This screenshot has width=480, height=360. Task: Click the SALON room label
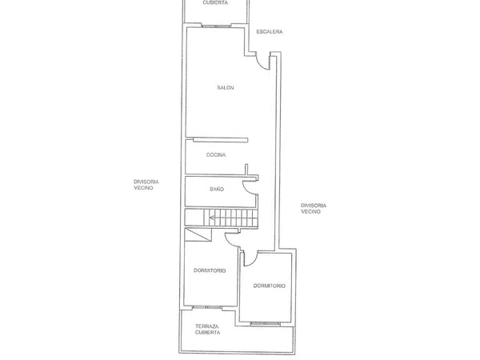tap(226, 88)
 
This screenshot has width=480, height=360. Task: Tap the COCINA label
tap(216, 155)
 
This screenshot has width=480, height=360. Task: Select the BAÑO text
tap(217, 189)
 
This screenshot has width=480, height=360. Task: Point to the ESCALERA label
tap(270, 31)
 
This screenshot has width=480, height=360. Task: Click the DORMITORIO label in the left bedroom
tap(210, 270)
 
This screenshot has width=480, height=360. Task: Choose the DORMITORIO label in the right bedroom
tap(270, 286)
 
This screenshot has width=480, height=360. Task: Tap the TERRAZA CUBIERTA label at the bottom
tap(207, 330)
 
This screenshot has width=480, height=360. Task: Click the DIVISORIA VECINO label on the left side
tap(146, 185)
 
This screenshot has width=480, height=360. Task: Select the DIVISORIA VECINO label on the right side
tap(314, 209)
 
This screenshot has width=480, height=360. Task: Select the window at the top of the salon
tap(216, 26)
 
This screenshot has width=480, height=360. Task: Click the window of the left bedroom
tap(207, 307)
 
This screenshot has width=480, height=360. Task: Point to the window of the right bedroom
tap(265, 323)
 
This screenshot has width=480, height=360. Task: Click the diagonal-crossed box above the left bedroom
tap(198, 234)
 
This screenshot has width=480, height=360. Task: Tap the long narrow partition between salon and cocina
tap(221, 140)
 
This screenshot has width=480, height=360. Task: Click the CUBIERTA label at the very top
tap(215, 2)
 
